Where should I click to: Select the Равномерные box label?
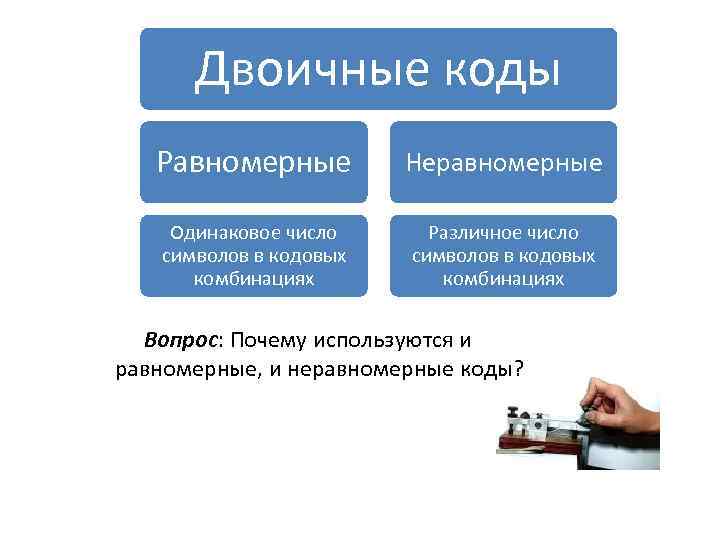coord(253,162)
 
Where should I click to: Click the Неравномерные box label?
coord(503,162)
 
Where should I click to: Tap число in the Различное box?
coord(551,233)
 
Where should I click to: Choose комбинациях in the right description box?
coord(503,279)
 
